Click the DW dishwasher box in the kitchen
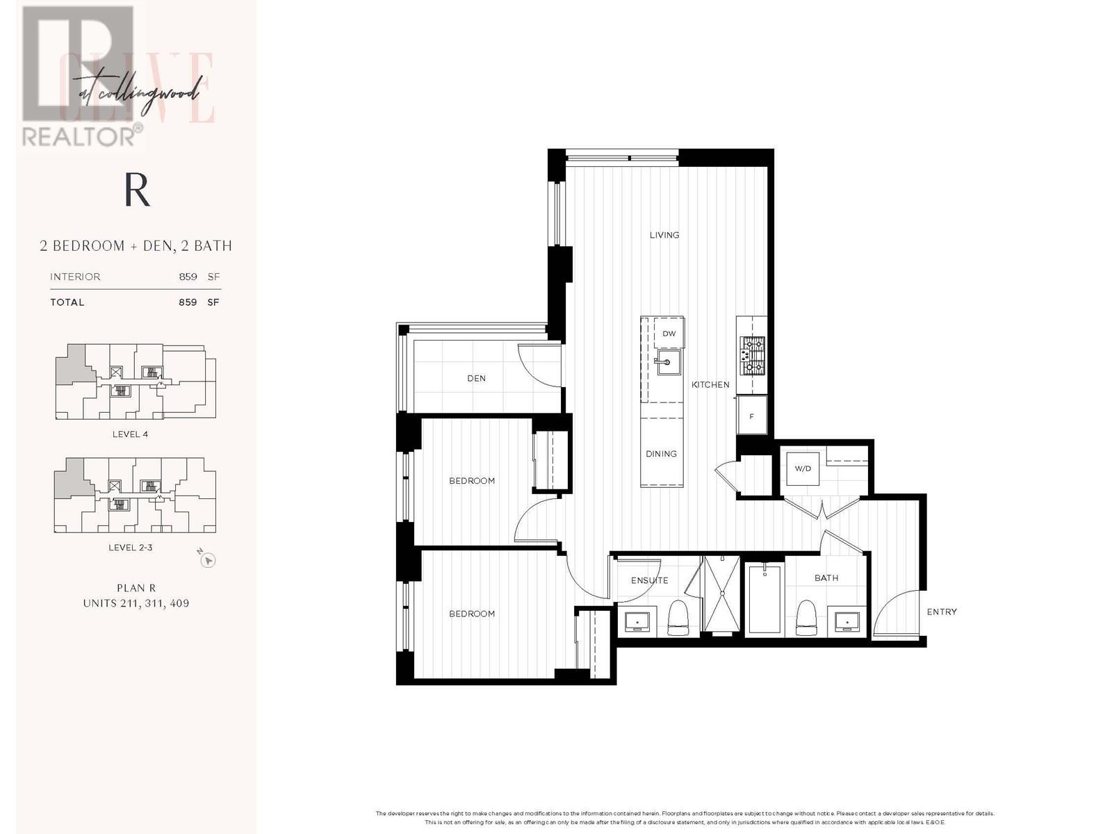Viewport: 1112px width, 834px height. point(669,334)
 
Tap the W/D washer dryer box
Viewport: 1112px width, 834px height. point(803,468)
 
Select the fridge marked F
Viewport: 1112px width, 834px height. point(752,416)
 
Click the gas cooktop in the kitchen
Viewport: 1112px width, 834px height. point(752,357)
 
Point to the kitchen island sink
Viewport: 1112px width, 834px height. point(668,362)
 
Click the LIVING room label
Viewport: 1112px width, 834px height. point(664,235)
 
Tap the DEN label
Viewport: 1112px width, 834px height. point(476,378)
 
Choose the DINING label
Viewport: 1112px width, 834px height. point(661,454)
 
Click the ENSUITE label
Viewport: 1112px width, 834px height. point(649,580)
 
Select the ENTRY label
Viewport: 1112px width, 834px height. point(942,612)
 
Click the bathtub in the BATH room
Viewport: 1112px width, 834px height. point(764,598)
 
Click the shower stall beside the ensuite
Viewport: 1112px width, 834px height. point(721,594)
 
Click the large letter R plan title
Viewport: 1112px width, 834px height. point(137,190)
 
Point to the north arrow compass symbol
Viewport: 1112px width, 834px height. point(208,560)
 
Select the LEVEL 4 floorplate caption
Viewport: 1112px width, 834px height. point(130,434)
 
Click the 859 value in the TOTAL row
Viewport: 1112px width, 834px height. point(188,302)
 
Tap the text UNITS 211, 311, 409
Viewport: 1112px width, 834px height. point(136,603)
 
